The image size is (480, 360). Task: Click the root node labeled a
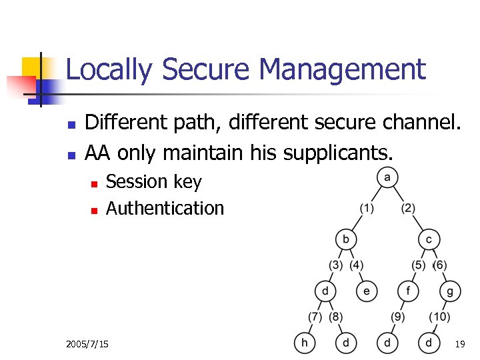387,177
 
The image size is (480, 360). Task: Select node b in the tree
346,239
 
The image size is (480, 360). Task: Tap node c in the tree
429,239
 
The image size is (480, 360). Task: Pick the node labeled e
367,291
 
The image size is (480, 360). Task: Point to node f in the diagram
408,291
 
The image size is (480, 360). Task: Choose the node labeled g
450,291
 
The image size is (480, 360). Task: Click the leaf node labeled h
305,343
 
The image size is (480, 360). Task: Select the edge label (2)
408,208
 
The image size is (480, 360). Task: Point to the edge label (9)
397,316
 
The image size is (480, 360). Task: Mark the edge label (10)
439,316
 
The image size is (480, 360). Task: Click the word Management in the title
342,69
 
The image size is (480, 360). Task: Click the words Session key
153,182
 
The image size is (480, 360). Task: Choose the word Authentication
165,208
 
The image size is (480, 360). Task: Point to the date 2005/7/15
87,344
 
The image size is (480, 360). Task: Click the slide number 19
459,344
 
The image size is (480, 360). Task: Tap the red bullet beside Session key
94,183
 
